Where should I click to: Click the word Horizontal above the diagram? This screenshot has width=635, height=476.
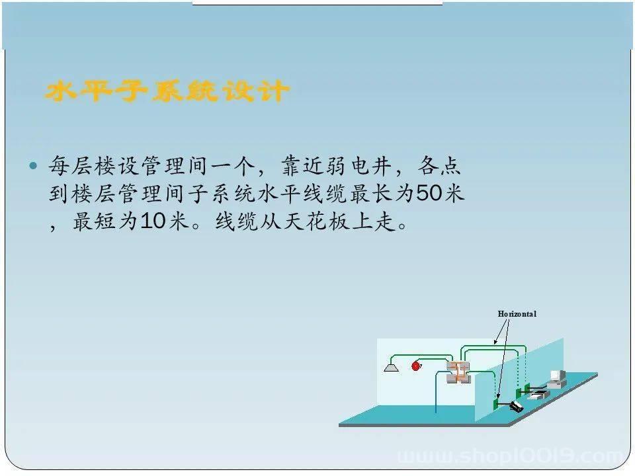(517, 313)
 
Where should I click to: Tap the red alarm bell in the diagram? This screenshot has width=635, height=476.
(416, 366)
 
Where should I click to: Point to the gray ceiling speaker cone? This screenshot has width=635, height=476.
(391, 368)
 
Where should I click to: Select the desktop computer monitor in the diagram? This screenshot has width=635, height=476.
(556, 376)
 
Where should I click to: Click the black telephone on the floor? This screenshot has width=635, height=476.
(517, 406)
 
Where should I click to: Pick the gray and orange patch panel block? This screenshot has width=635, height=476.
(458, 372)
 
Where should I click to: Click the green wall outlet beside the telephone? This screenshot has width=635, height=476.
(495, 403)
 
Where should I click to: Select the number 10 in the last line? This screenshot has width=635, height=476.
(153, 221)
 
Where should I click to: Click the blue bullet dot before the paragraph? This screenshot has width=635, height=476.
(33, 165)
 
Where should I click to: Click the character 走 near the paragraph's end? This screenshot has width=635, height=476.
(385, 221)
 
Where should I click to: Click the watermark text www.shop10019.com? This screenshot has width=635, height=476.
(511, 456)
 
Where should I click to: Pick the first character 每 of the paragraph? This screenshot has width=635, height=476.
(60, 165)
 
